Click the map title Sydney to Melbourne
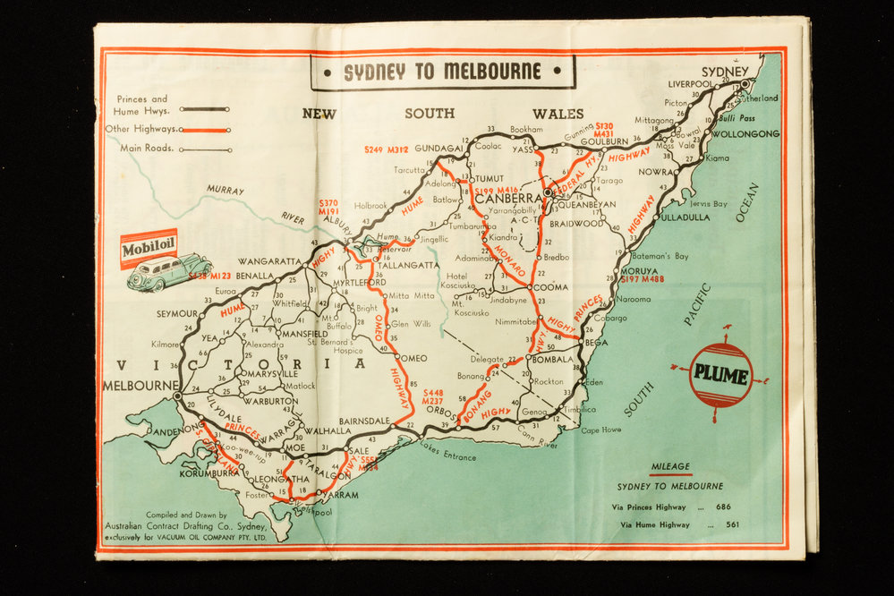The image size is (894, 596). point(443,72)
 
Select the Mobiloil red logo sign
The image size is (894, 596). point(149,249)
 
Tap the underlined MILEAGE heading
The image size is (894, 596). point(670,466)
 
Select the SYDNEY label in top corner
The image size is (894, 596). point(724,72)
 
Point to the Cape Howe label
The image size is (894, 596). point(600,430)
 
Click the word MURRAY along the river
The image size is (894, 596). point(225,190)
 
